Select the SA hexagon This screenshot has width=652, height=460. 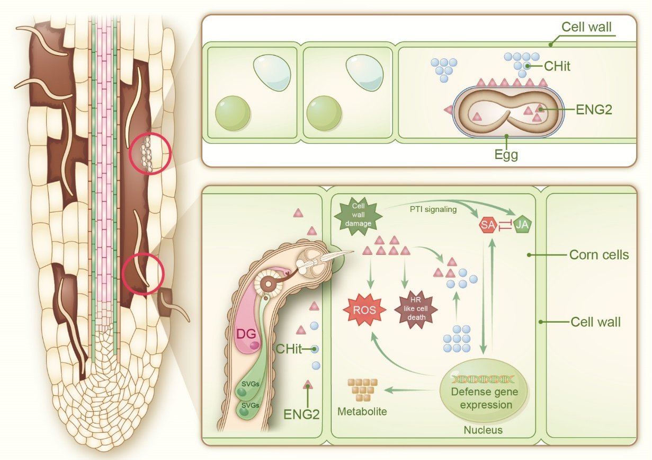click(x=487, y=225)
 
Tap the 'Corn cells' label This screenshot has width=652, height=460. click(x=599, y=255)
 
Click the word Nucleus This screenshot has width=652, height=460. click(x=483, y=430)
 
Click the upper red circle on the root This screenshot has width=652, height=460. click(x=149, y=154)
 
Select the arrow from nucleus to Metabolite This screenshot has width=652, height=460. click(x=407, y=391)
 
